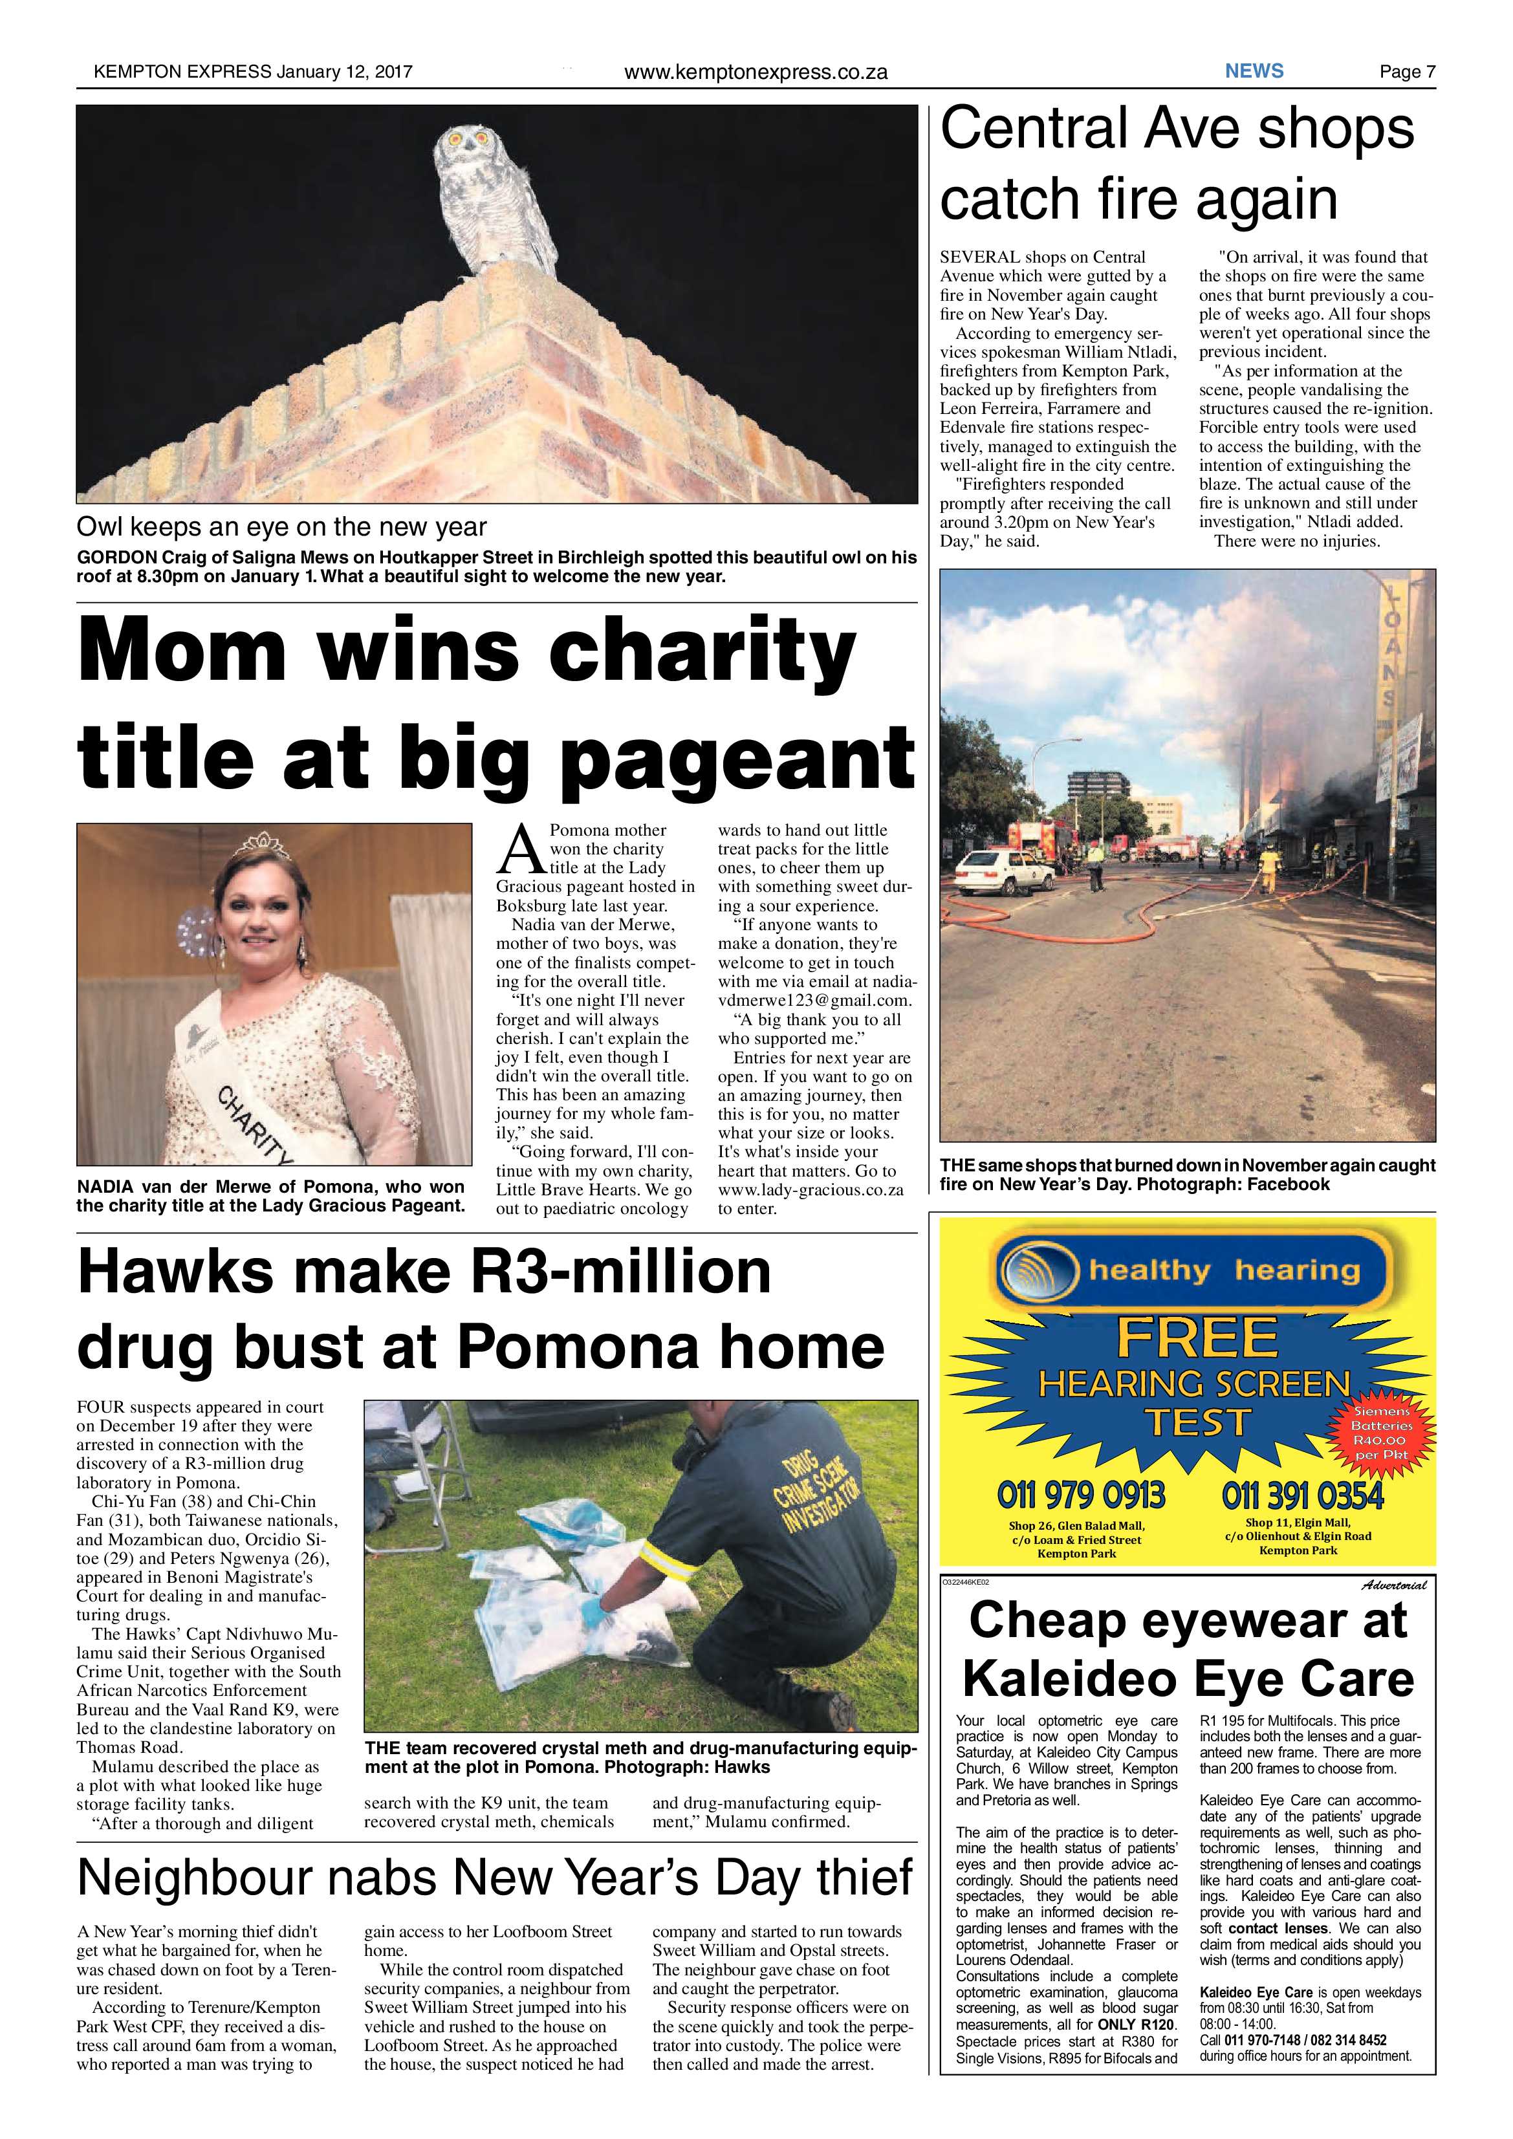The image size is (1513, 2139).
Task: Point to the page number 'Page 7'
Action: point(1407,72)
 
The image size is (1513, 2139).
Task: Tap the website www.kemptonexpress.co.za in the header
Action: point(755,72)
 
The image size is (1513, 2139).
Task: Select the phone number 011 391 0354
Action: point(1302,1496)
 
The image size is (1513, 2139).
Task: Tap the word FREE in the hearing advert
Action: point(1197,1339)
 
